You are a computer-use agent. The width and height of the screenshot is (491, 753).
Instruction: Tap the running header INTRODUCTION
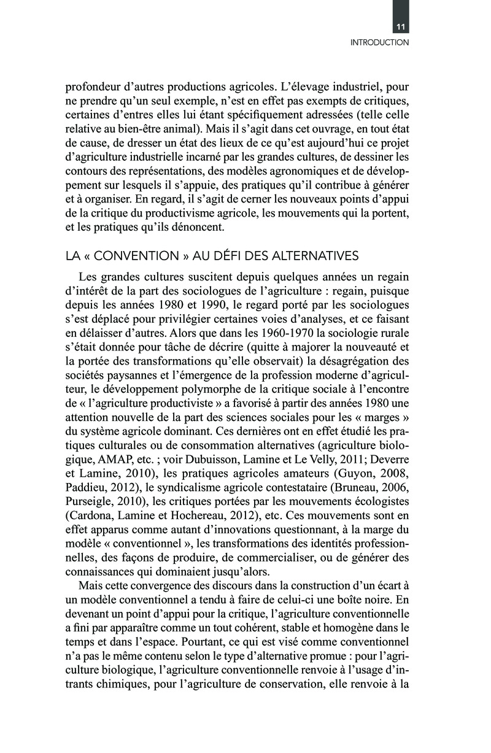[379, 43]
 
